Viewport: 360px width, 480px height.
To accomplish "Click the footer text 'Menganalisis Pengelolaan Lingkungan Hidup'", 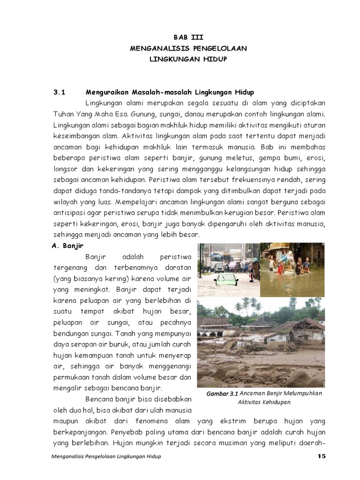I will click(105, 457).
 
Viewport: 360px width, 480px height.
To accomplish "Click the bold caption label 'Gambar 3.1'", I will click(222, 394).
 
